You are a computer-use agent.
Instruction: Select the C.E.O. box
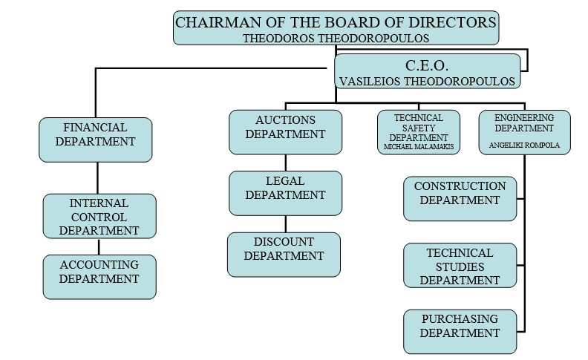click(x=427, y=71)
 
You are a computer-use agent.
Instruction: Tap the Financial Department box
click(x=95, y=139)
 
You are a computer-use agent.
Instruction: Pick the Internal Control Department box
click(x=99, y=215)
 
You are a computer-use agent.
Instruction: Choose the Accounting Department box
click(x=99, y=276)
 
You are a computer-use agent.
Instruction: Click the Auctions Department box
click(x=285, y=131)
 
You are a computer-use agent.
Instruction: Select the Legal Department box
click(x=285, y=193)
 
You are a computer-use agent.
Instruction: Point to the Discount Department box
click(x=284, y=254)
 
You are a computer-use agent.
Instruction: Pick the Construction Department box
click(x=460, y=198)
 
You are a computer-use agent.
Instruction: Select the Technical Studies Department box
click(x=460, y=265)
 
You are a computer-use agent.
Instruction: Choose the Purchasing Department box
click(x=460, y=331)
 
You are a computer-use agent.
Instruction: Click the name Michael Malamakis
click(x=419, y=148)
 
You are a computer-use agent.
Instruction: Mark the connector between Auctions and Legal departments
click(x=286, y=163)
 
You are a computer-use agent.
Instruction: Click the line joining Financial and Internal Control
click(x=97, y=178)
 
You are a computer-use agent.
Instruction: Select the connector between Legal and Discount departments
click(x=286, y=224)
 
